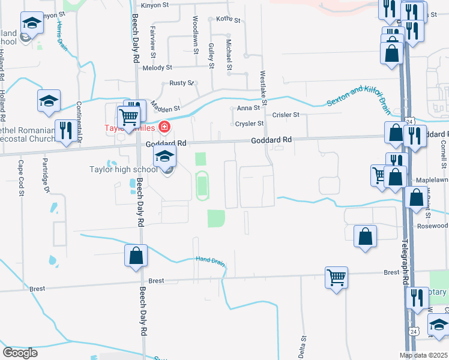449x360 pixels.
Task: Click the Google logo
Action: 20,353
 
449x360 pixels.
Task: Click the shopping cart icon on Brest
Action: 337,278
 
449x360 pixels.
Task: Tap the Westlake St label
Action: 263,83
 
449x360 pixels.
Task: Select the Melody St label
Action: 157,68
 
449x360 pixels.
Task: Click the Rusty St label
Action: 181,83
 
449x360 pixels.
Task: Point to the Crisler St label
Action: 286,114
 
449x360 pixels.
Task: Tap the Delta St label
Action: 304,345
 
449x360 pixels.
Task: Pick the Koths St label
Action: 228,20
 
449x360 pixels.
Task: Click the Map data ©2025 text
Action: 423,355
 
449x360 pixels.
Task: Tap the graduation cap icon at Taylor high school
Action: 164,159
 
